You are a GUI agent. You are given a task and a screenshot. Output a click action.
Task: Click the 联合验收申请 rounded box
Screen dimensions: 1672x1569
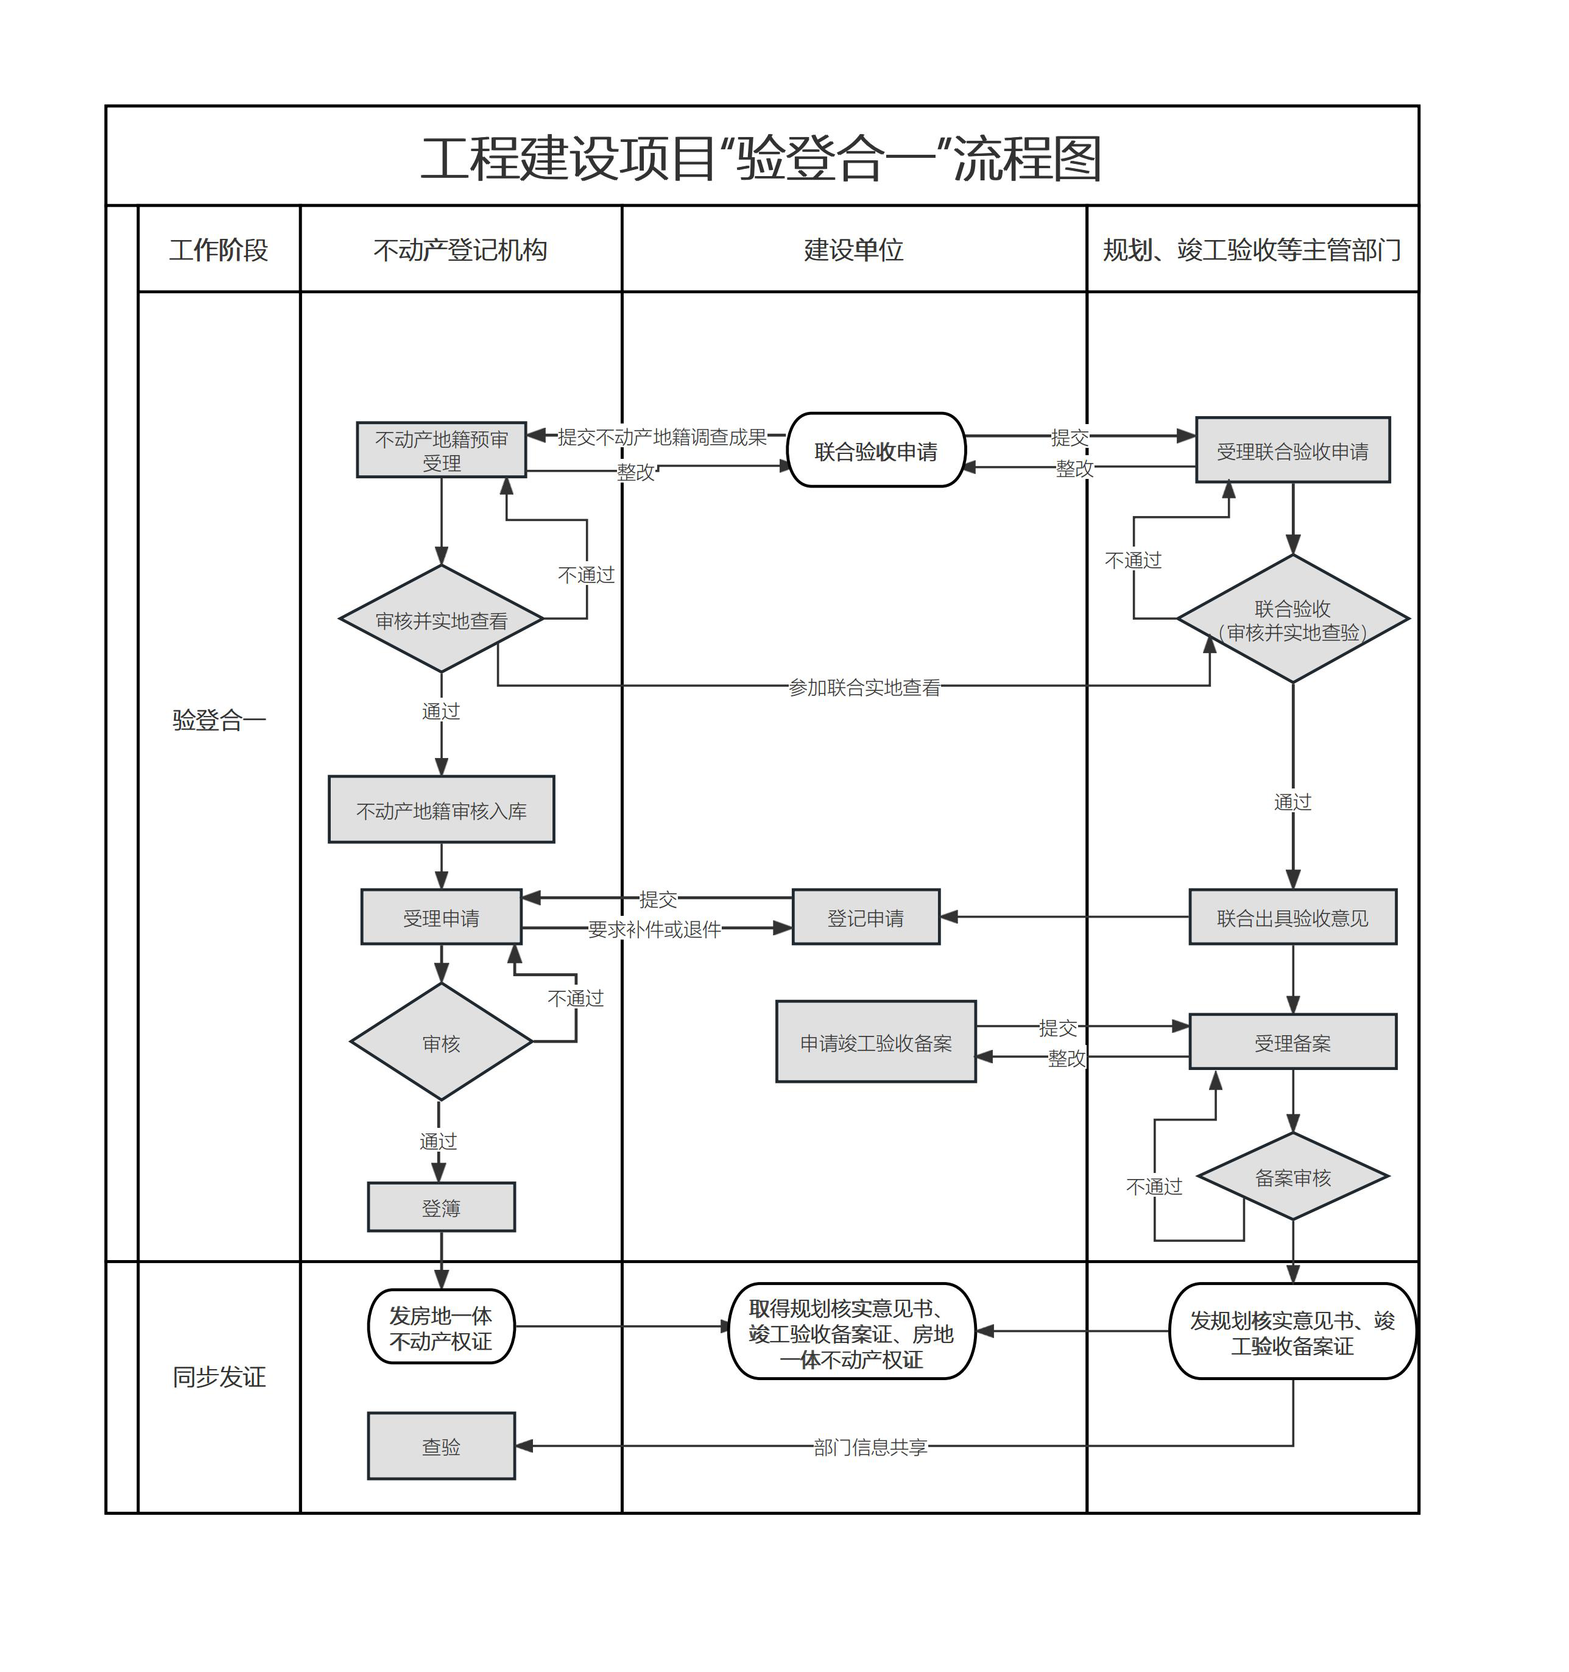point(875,451)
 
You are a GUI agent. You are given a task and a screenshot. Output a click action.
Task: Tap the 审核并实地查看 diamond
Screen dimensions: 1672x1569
point(442,620)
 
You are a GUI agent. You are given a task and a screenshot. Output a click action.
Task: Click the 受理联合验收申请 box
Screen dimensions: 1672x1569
point(1292,451)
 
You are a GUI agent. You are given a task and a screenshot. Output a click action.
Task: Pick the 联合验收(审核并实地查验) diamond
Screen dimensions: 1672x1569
point(1292,620)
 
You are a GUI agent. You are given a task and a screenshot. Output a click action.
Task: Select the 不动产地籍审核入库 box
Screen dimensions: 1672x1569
point(442,810)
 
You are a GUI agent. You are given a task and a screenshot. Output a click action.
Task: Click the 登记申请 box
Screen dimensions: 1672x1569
point(866,918)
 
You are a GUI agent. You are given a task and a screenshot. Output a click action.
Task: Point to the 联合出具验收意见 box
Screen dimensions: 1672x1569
point(1292,918)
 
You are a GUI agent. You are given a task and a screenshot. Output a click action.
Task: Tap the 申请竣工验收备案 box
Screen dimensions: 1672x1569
point(875,1042)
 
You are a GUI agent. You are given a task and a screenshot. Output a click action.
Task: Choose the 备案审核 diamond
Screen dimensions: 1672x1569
point(1292,1177)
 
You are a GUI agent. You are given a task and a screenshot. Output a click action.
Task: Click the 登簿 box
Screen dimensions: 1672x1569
point(442,1208)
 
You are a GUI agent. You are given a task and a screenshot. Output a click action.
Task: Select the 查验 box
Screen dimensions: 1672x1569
point(442,1447)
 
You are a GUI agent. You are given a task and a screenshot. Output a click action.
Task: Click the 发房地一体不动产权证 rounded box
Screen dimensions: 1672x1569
point(442,1327)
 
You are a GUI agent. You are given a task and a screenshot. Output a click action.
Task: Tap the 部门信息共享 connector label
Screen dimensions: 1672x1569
point(870,1447)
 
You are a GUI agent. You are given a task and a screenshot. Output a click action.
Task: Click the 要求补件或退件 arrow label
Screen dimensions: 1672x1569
point(654,929)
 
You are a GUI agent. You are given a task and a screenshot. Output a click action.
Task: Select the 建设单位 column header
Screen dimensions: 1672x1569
point(853,250)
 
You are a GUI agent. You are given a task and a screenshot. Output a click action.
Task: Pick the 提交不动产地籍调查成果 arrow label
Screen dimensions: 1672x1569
point(663,436)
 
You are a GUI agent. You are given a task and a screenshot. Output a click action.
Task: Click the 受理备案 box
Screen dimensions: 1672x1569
point(1292,1042)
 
